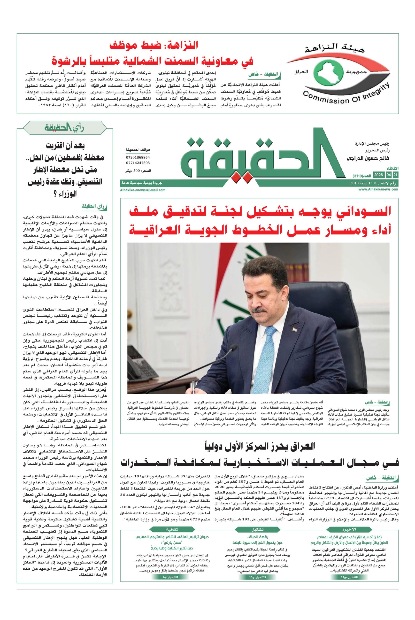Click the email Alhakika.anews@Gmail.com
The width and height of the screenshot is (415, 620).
143,190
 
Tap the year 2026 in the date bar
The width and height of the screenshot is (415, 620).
378,175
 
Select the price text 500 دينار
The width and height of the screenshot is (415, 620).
138,171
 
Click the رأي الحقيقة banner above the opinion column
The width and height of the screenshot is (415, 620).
65,128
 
